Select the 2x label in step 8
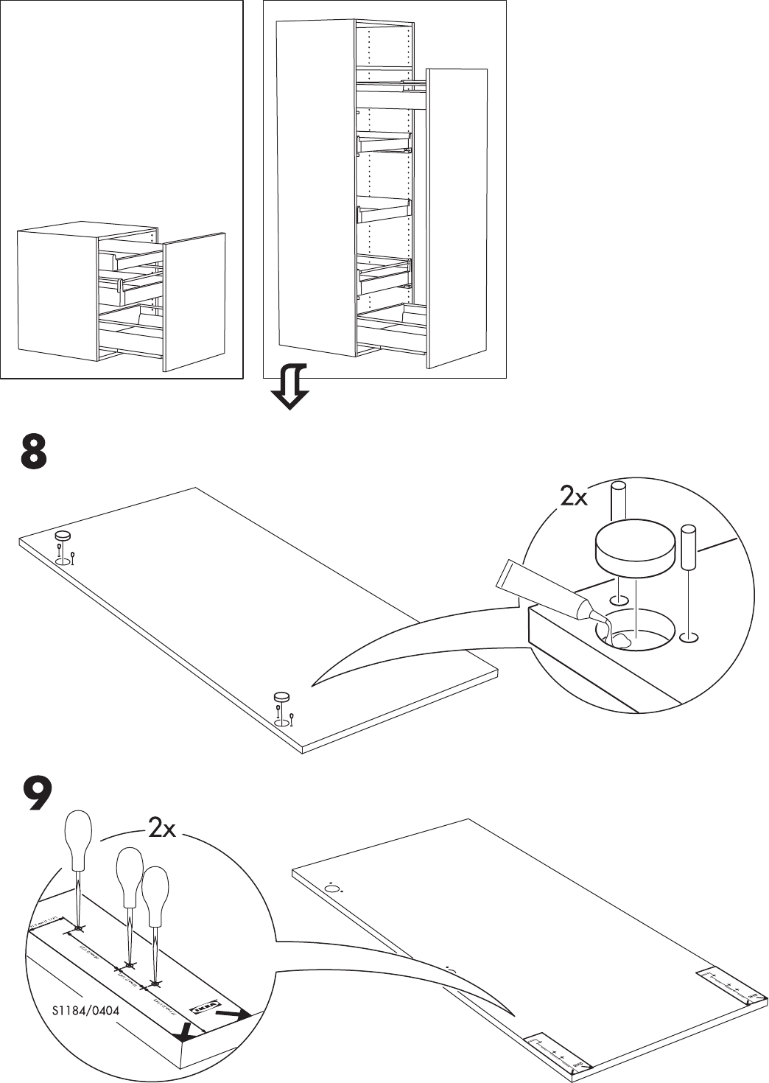point(573,498)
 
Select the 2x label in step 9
point(162,830)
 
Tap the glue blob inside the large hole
point(622,639)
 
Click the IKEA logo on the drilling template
point(205,1004)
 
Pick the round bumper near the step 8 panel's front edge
point(281,696)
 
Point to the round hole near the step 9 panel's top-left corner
point(332,889)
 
